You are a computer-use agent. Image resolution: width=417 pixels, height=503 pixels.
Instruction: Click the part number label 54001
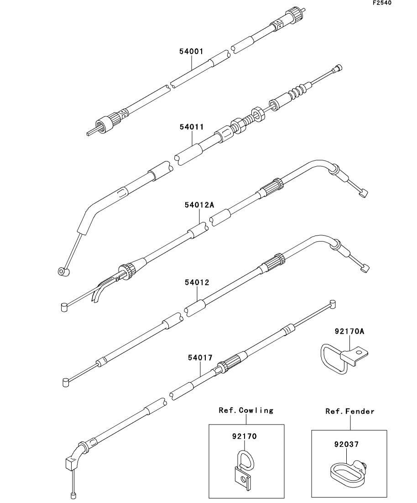click(191, 52)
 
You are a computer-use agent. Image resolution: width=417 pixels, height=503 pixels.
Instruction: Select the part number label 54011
click(192, 127)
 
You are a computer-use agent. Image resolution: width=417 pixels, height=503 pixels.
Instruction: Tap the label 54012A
click(199, 205)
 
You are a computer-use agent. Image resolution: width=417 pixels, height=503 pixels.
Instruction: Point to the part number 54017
click(200, 358)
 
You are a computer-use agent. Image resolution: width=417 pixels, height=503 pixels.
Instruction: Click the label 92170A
click(349, 332)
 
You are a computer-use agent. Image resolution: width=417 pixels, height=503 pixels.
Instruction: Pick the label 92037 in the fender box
click(346, 445)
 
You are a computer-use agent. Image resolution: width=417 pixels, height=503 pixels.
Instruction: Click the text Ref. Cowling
click(246, 410)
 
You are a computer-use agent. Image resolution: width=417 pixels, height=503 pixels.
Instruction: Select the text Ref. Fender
click(350, 411)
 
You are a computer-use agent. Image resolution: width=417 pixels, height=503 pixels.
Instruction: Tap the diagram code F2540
click(382, 3)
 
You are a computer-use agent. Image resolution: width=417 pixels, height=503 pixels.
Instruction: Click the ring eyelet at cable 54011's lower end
click(63, 272)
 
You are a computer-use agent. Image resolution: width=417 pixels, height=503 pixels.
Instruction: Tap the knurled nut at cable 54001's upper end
click(295, 14)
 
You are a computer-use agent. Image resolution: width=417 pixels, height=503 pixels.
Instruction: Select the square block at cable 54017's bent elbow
click(72, 462)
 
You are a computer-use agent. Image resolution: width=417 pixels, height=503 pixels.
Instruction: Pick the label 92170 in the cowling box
click(244, 436)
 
